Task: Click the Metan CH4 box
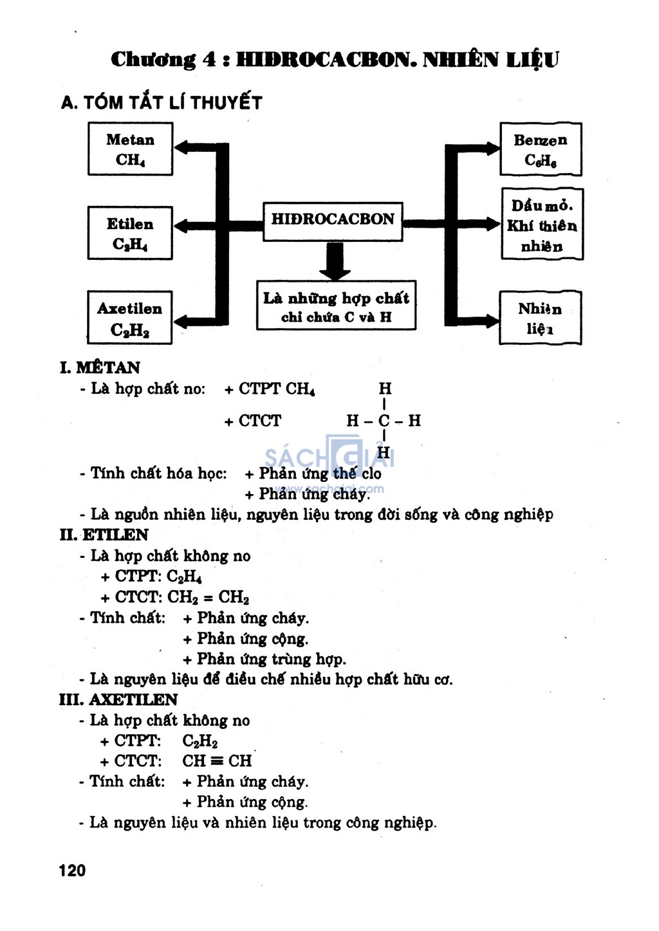130,149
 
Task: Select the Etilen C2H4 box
130,233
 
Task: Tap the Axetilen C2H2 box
130,318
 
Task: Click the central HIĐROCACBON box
333,221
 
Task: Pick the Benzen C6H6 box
541,149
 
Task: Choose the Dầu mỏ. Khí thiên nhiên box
542,225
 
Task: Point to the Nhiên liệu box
540,318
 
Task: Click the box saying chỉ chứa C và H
336,306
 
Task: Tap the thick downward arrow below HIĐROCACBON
335,261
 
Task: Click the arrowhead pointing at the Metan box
182,147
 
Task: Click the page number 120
72,870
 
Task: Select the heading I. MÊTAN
100,367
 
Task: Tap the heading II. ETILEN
104,535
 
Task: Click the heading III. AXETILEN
118,700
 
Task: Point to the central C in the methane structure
384,421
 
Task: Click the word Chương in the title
153,60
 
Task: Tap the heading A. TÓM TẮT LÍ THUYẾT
162,103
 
